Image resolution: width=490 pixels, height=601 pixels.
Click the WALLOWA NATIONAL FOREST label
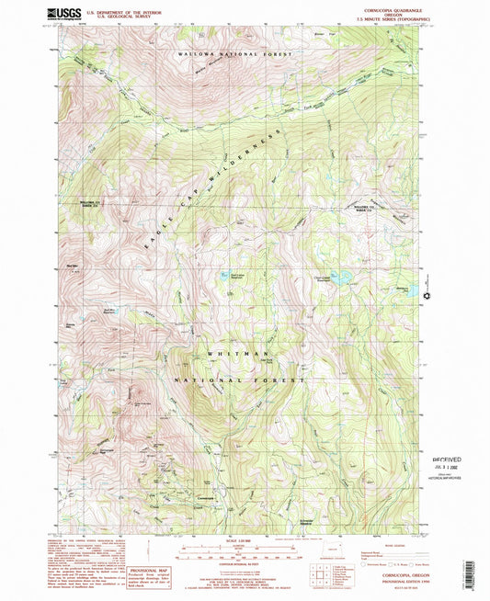(x=237, y=56)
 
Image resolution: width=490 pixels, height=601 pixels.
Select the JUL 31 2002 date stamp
(x=450, y=467)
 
